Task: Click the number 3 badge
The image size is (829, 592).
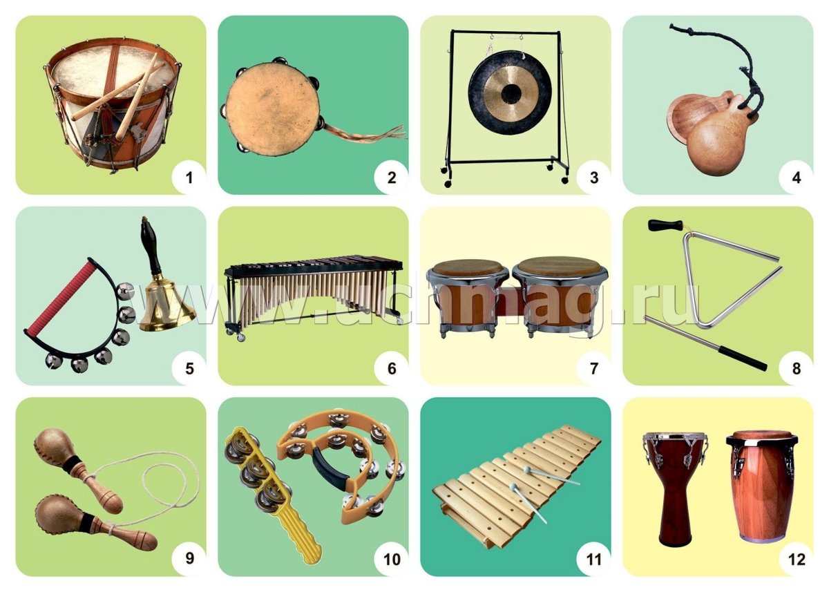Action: tap(593, 178)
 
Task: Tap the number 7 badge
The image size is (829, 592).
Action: tap(593, 368)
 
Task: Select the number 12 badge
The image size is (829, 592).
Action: tap(797, 560)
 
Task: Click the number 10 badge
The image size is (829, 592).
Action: tap(392, 560)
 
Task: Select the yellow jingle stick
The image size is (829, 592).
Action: tap(274, 488)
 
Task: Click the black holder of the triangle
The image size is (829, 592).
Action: tap(665, 225)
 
